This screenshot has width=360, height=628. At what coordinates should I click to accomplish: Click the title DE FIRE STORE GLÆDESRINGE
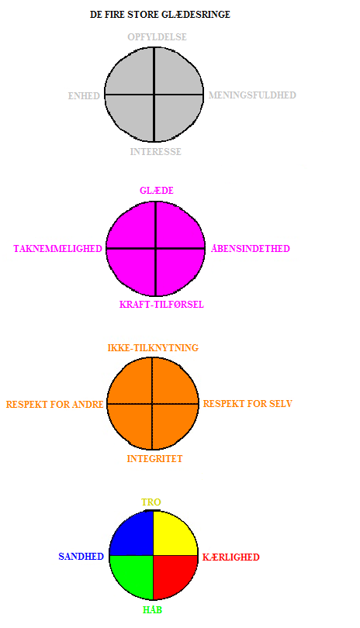click(x=160, y=15)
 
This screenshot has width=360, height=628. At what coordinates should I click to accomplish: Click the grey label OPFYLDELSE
click(x=157, y=37)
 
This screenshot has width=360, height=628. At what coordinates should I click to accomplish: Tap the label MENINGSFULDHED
click(x=252, y=95)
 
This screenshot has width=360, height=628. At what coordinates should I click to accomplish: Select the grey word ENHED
click(x=84, y=95)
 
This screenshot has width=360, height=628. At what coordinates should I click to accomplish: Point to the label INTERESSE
click(x=155, y=152)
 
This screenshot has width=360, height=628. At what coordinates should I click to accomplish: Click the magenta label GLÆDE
click(x=157, y=190)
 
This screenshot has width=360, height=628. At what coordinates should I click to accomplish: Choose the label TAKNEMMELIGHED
click(x=57, y=249)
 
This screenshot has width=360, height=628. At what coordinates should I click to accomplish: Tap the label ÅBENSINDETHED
click(x=251, y=248)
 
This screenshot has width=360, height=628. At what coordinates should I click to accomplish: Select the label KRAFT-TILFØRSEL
click(x=161, y=305)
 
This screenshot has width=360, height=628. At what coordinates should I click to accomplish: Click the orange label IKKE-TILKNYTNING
click(x=153, y=347)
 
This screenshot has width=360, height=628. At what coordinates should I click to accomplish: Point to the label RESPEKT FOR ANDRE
click(x=55, y=405)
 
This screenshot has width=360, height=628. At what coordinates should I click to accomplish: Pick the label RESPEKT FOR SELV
click(x=247, y=404)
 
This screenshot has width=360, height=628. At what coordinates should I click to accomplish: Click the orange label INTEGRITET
click(x=154, y=458)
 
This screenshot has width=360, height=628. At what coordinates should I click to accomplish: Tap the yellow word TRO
click(x=151, y=502)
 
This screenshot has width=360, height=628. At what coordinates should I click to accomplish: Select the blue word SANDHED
click(x=81, y=557)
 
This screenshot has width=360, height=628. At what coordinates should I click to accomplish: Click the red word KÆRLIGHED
click(x=231, y=557)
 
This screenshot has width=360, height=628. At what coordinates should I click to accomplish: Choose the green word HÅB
click(x=152, y=609)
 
